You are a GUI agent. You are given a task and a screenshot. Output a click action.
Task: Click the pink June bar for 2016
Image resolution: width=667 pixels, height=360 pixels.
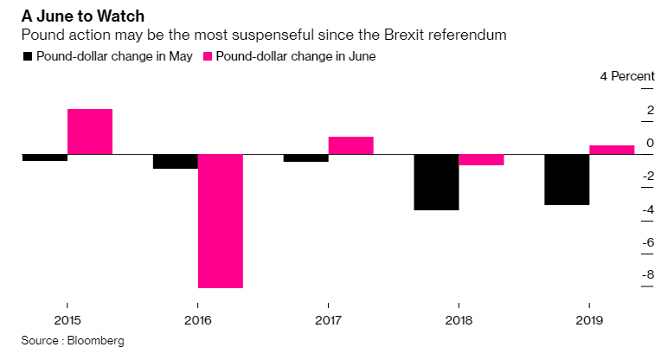coord(221,221)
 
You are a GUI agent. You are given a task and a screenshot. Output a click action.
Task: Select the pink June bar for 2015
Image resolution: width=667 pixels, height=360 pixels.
coord(90,132)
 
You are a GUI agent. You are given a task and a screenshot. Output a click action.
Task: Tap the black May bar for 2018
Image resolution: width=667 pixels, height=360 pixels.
coord(437,183)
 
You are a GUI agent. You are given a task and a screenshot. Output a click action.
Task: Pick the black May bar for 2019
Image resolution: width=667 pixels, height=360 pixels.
coord(567,180)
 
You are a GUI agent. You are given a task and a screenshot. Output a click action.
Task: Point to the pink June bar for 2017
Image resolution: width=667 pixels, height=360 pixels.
coord(350,145)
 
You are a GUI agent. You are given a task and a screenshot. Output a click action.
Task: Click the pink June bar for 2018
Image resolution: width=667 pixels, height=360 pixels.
coord(481,160)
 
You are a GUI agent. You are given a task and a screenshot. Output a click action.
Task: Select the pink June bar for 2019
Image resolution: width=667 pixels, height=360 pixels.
coord(612,150)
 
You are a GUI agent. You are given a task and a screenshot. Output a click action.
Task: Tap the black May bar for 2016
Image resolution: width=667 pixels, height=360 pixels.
coord(176,162)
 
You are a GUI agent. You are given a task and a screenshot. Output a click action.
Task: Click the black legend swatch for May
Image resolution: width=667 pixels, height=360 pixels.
coord(28,56)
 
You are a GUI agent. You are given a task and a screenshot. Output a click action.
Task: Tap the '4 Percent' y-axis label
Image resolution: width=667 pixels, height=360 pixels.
coord(627,76)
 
